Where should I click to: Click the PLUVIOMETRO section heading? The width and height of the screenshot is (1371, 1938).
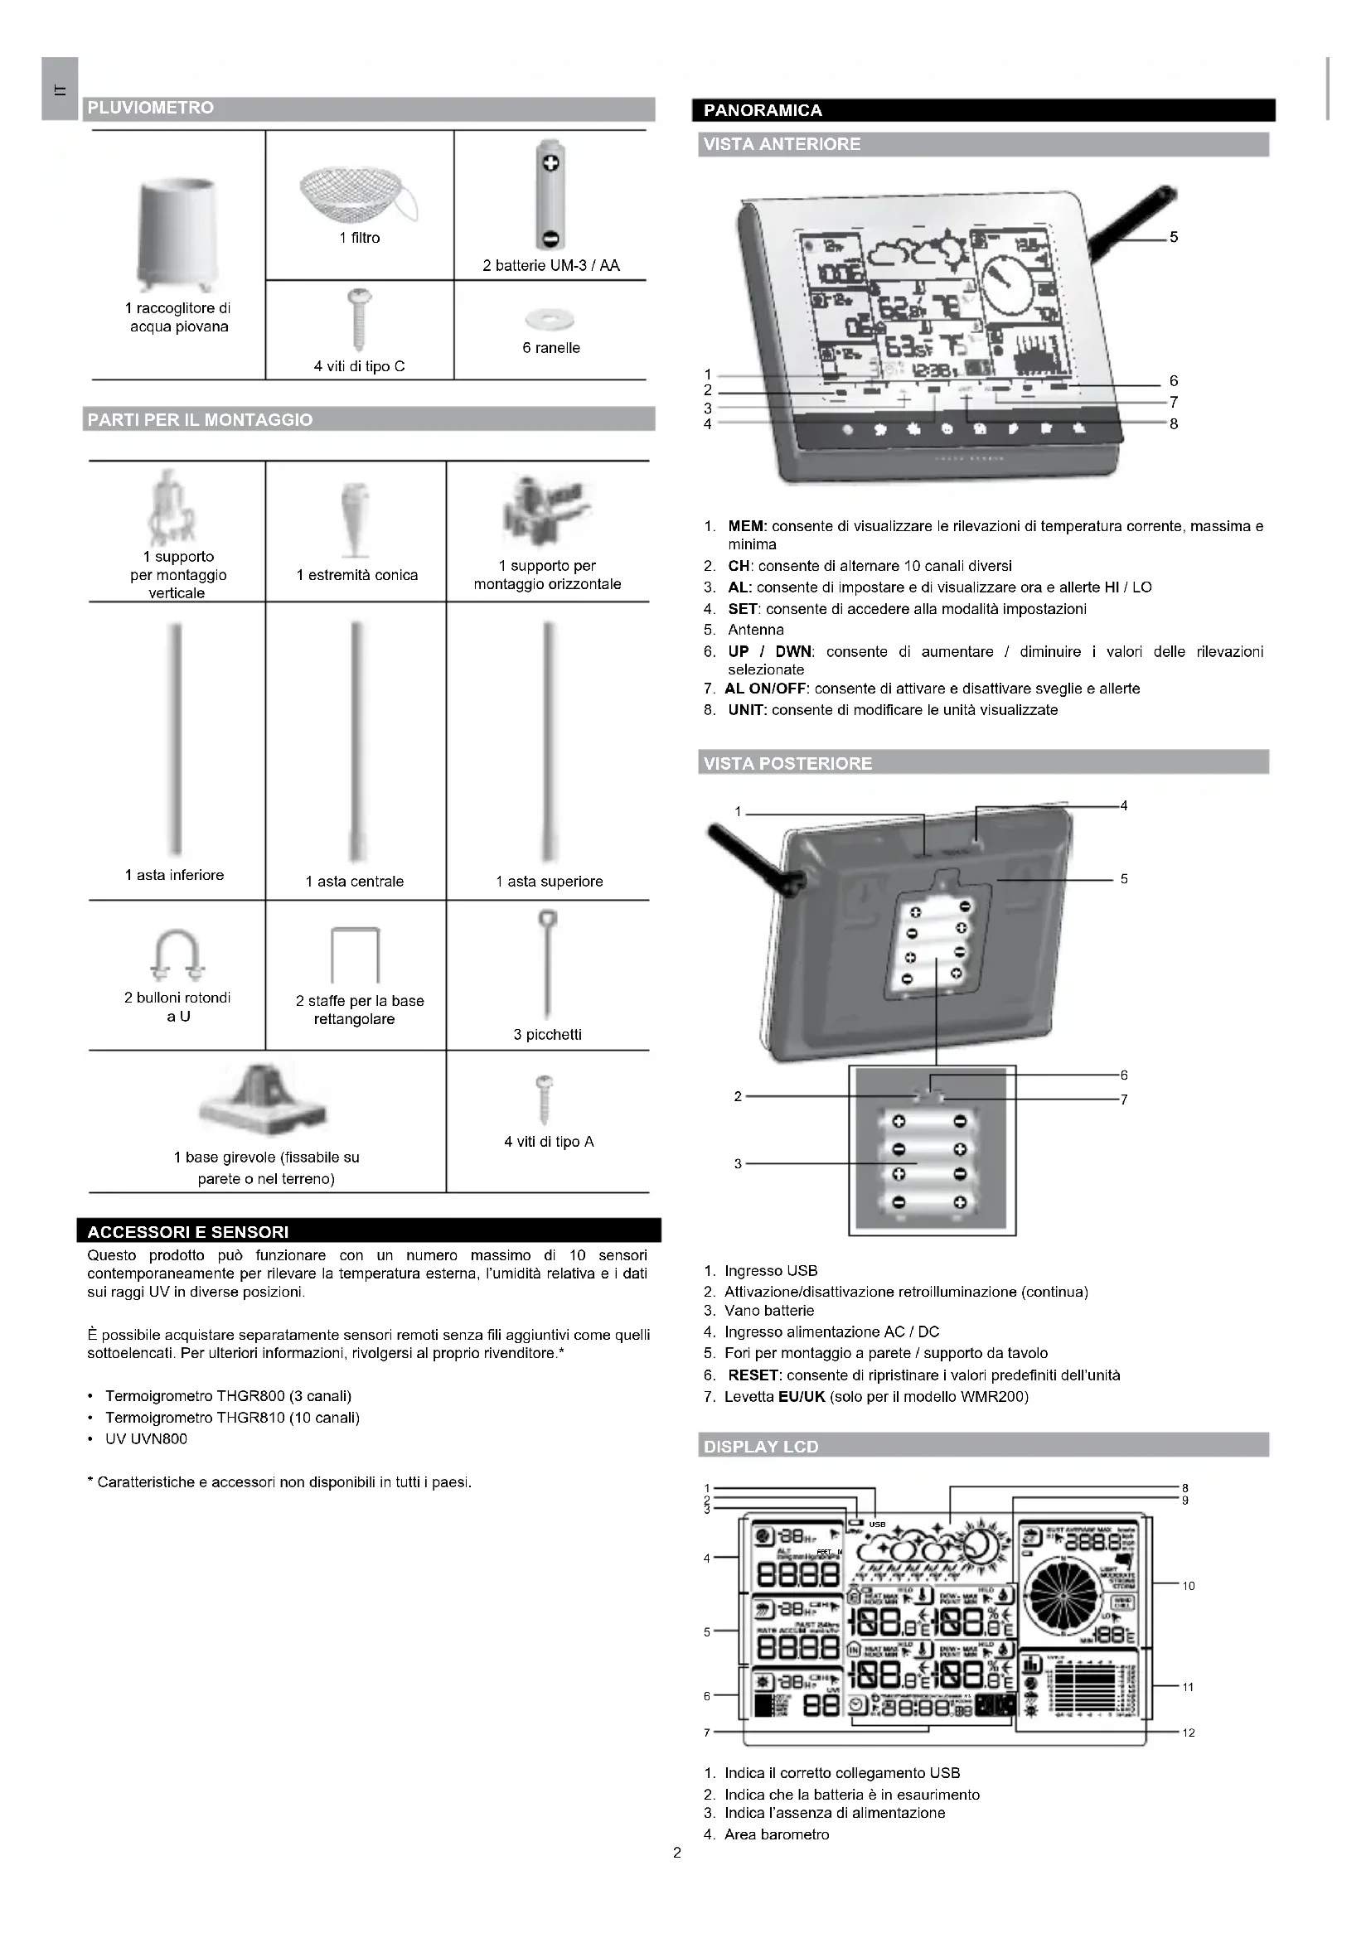[x=151, y=108]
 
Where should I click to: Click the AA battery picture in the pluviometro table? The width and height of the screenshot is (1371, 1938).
[x=550, y=194]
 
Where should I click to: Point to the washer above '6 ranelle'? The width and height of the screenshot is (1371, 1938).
[x=549, y=320]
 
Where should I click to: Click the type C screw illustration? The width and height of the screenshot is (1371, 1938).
[x=359, y=320]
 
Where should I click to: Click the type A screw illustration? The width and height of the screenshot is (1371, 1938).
[x=545, y=1098]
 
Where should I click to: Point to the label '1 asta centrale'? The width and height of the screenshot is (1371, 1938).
[x=355, y=882]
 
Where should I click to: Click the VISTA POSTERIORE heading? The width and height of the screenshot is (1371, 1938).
[x=787, y=763]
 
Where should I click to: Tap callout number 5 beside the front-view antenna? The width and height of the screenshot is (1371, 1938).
[x=1174, y=237]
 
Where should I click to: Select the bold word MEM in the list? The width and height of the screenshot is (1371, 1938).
[x=745, y=527]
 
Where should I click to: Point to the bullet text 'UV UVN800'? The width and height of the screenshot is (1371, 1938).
[x=146, y=1438]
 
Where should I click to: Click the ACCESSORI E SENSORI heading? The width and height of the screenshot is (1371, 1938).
[x=188, y=1231]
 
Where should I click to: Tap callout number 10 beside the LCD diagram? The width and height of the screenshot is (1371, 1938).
[x=1188, y=1586]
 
